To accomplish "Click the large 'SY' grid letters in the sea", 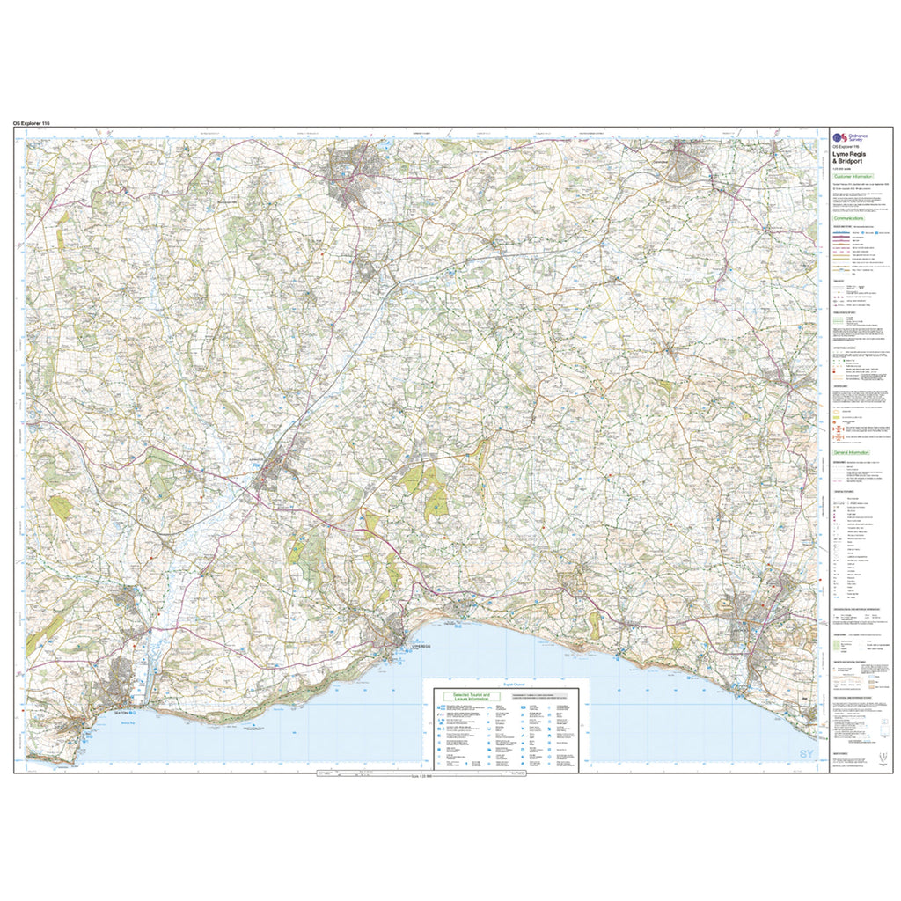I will coord(807,754).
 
